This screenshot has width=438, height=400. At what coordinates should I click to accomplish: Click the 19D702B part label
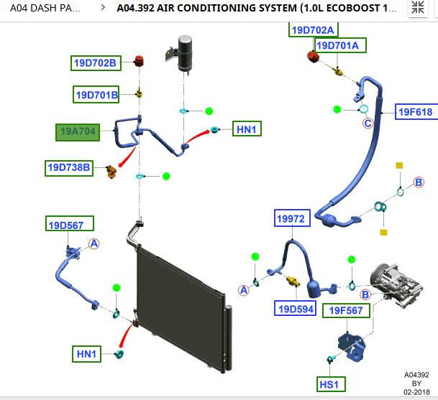coord(95,63)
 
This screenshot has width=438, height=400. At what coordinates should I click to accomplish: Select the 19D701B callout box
coord(96,94)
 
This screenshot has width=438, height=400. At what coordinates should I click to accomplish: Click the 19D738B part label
coord(70,168)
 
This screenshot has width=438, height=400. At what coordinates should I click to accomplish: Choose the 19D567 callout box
coord(70,225)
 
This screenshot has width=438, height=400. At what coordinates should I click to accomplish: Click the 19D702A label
coord(313,29)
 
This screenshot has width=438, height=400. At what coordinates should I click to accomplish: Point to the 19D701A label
coord(342,46)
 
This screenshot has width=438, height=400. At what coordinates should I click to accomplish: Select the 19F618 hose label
coord(415,112)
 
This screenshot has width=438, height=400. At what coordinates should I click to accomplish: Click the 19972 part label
coord(292,218)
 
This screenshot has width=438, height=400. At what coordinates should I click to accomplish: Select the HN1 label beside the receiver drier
coord(247,129)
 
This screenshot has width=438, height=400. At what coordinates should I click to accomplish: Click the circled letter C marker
coord(368,124)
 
